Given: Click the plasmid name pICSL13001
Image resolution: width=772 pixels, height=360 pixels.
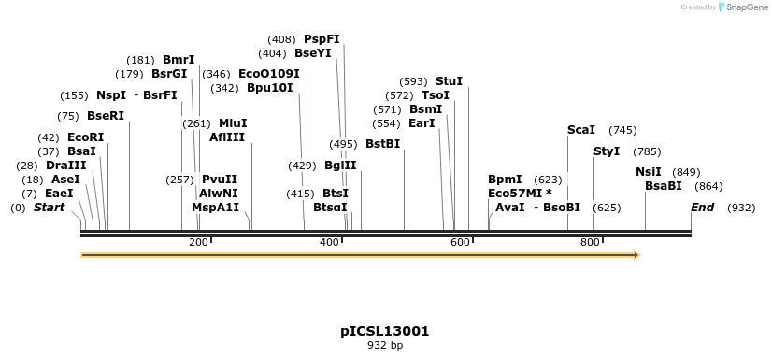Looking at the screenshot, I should pyautogui.click(x=385, y=331).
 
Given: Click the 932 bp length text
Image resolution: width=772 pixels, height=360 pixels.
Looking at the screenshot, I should pyautogui.click(x=385, y=345).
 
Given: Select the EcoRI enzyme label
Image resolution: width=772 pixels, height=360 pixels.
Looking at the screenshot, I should pyautogui.click(x=86, y=137).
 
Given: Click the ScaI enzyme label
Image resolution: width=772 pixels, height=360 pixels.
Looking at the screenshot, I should pyautogui.click(x=581, y=130).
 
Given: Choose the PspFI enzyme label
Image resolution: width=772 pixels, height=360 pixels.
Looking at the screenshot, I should pyautogui.click(x=322, y=39).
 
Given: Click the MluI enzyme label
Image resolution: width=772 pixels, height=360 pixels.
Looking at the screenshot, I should pyautogui.click(x=233, y=123).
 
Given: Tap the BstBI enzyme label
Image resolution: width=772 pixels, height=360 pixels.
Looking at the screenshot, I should pyautogui.click(x=382, y=144).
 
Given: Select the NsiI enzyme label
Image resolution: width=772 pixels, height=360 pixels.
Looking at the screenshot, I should pyautogui.click(x=648, y=172).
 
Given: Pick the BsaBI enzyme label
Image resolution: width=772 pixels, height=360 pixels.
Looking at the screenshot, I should pyautogui.click(x=664, y=186).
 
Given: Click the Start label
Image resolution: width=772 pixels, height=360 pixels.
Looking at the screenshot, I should pyautogui.click(x=50, y=207).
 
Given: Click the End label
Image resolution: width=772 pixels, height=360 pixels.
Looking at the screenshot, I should pyautogui.click(x=702, y=207).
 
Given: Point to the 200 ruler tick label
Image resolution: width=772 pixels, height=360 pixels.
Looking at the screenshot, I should pyautogui.click(x=198, y=243).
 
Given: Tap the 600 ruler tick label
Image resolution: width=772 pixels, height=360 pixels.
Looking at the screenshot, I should pyautogui.click(x=460, y=243).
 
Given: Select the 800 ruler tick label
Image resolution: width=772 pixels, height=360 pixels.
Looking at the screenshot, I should pyautogui.click(x=591, y=243).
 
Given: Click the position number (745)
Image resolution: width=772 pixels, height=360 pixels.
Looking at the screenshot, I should pyautogui.click(x=622, y=130).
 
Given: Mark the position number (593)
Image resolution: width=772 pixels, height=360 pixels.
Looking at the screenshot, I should pyautogui.click(x=413, y=81).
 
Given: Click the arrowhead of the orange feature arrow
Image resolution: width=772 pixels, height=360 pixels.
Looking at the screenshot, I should pyautogui.click(x=636, y=254).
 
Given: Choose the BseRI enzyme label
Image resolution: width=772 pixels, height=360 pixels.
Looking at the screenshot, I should pyautogui.click(x=105, y=116).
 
